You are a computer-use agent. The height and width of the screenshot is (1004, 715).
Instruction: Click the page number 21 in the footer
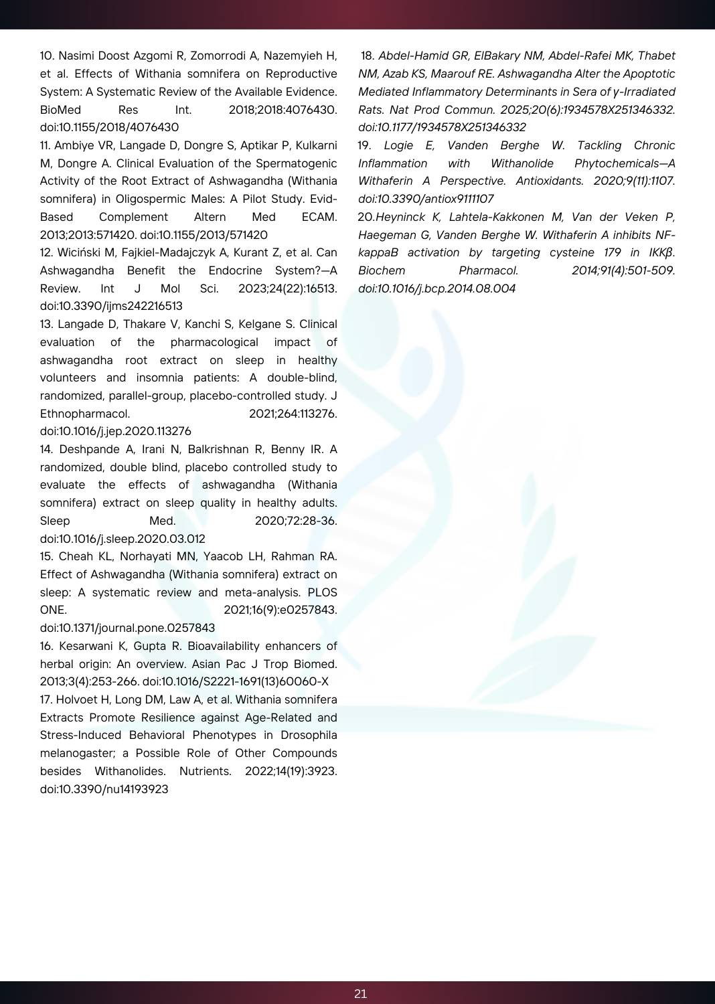[x=360, y=993]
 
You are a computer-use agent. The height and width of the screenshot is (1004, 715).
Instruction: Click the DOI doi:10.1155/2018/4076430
[x=109, y=127]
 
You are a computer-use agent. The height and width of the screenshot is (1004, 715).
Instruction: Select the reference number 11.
[x=45, y=145]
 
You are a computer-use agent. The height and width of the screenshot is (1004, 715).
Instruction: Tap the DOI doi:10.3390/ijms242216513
[x=111, y=306]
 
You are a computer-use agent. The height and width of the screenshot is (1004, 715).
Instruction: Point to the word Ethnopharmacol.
[x=85, y=414]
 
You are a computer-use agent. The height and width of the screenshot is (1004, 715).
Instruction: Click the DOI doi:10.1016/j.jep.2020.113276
[x=115, y=431]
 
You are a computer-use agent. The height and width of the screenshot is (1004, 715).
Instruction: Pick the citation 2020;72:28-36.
[x=296, y=521]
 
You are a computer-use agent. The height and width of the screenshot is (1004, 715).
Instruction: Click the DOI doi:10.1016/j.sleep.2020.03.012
[x=123, y=539]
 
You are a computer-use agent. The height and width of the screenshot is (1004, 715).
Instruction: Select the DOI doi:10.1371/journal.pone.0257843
[x=127, y=628]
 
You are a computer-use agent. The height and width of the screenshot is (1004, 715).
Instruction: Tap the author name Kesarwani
[x=88, y=646]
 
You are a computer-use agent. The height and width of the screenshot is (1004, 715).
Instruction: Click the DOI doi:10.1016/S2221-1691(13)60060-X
[x=236, y=681]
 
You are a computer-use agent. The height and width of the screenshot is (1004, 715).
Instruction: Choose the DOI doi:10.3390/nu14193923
[x=104, y=789]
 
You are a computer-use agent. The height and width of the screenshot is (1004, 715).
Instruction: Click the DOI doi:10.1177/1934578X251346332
[x=442, y=127]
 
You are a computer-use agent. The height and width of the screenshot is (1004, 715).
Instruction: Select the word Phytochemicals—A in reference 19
[x=625, y=163]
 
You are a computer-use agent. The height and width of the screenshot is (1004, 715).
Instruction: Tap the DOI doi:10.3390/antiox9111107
[x=426, y=199]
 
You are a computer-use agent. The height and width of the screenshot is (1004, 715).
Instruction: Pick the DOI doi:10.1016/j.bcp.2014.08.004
[x=436, y=288]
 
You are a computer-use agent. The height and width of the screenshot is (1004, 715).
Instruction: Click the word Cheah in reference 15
[x=73, y=556]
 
